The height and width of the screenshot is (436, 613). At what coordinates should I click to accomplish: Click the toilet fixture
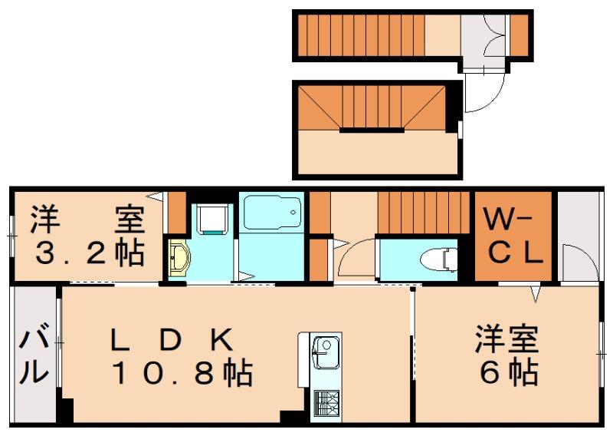pyautogui.click(x=438, y=259)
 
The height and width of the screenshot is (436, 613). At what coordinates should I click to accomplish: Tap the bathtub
pyautogui.click(x=273, y=213)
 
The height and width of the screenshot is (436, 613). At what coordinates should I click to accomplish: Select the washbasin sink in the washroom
pyautogui.click(x=179, y=259)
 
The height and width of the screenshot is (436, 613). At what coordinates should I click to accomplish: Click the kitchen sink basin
pyautogui.click(x=325, y=352)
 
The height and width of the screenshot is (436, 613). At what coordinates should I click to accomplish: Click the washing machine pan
pyautogui.click(x=211, y=219)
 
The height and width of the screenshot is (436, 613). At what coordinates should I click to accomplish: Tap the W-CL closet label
pyautogui.click(x=512, y=236)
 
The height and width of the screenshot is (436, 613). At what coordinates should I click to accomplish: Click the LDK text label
pyautogui.click(x=171, y=340)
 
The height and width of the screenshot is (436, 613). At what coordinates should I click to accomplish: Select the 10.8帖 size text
pyautogui.click(x=182, y=374)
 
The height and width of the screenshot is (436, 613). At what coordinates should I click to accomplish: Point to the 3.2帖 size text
pyautogui.click(x=90, y=253)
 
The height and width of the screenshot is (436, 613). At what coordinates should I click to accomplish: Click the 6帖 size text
pyautogui.click(x=509, y=372)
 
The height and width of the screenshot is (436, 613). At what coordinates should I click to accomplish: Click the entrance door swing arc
pyautogui.click(x=485, y=92)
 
